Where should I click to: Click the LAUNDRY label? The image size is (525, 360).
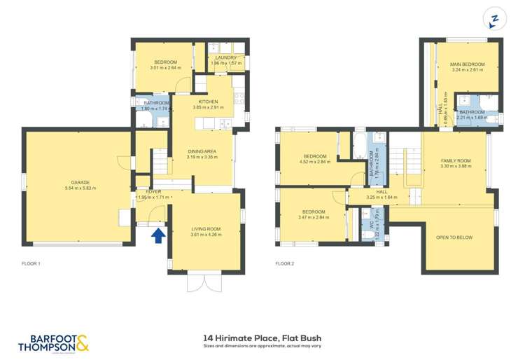pos(226,57)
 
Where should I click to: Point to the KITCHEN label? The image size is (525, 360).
pos(208,102)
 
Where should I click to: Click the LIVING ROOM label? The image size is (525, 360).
pos(206,229)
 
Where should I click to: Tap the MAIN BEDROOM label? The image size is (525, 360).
pos(468,64)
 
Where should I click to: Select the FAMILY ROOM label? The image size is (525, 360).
pos(455,160)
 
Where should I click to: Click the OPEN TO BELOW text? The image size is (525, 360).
pos(454,237)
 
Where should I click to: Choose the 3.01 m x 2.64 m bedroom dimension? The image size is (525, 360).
pos(164,68)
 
